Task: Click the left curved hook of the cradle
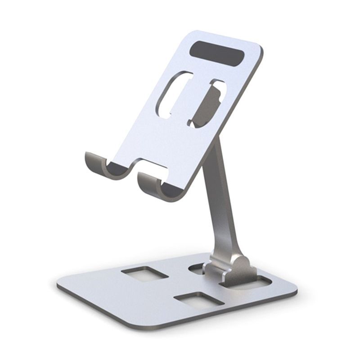point(97,165)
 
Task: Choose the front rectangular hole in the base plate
point(198,301)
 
